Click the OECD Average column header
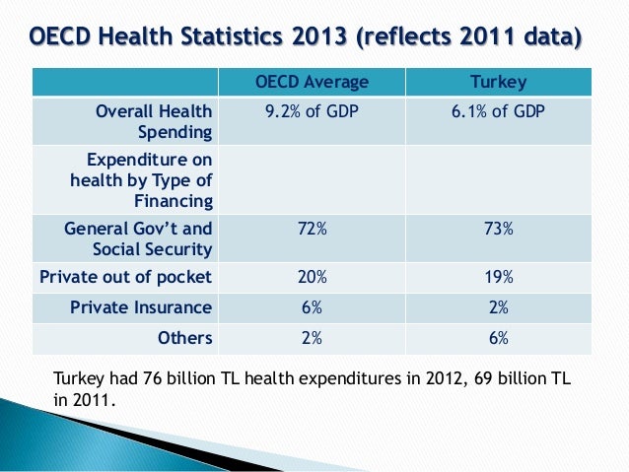(x=312, y=81)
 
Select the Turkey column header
(x=499, y=81)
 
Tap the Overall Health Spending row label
(x=153, y=121)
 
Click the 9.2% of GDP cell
(x=312, y=111)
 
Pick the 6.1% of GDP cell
(x=499, y=111)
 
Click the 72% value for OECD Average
(x=312, y=228)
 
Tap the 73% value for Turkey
(x=499, y=228)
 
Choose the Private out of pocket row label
(x=125, y=276)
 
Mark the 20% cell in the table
(x=312, y=276)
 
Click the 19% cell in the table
(x=499, y=276)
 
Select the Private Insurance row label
(x=141, y=306)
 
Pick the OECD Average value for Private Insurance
(x=312, y=306)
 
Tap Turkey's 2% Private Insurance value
(x=499, y=306)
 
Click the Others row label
(x=185, y=338)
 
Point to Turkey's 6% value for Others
(x=499, y=338)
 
